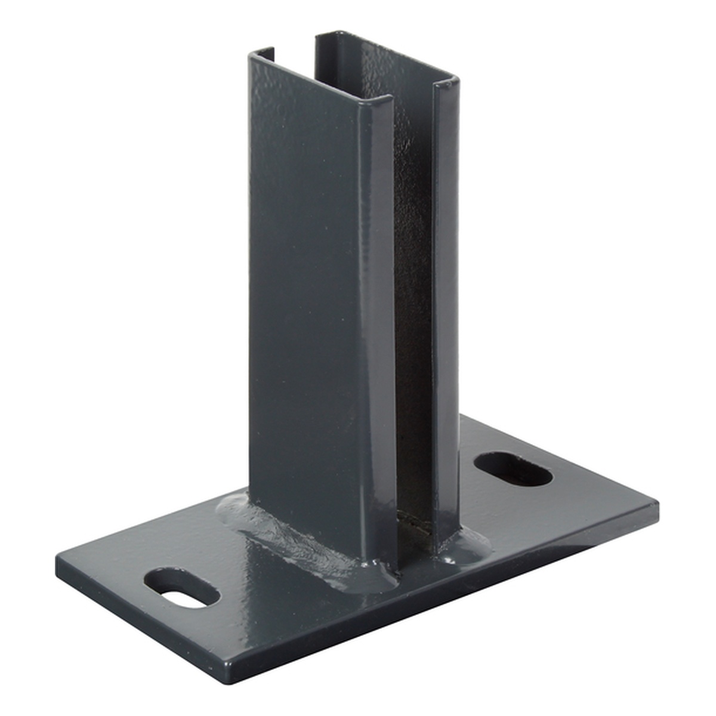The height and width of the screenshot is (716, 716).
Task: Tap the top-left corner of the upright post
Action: (249, 55)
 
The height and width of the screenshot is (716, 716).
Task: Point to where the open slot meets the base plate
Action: (415, 526)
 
